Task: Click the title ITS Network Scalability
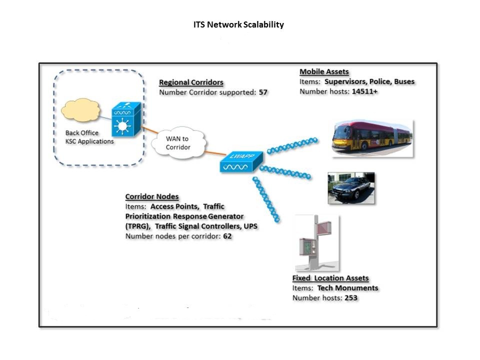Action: tap(238, 24)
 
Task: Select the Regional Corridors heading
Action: tap(191, 82)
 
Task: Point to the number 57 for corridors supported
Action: tap(263, 92)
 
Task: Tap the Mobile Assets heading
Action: tap(324, 72)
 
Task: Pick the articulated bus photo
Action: tap(372, 137)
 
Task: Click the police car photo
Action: tap(351, 188)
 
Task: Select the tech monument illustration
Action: tap(316, 243)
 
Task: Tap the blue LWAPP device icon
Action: tap(238, 161)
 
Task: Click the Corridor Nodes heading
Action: tap(151, 196)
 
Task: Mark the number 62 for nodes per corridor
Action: tap(227, 236)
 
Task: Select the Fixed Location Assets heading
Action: tap(330, 278)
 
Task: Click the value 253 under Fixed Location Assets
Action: tap(351, 298)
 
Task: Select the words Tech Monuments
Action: tap(347, 288)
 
